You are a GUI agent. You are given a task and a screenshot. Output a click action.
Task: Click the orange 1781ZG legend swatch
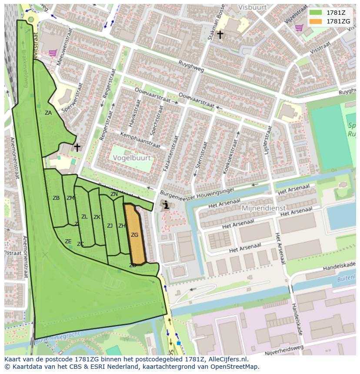[316, 21]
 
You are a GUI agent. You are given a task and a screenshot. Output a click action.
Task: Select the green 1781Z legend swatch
[316, 12]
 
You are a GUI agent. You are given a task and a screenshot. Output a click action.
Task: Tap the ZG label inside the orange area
[135, 235]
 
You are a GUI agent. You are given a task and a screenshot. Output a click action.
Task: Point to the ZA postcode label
[48, 113]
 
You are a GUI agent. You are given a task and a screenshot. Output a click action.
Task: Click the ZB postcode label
[56, 198]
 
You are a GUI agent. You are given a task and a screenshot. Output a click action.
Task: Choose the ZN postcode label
[114, 194]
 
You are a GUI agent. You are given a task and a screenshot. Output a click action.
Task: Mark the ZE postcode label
[68, 242]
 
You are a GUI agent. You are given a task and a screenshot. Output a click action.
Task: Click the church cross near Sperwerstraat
[77, 147]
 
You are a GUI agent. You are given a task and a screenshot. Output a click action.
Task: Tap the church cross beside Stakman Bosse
[220, 34]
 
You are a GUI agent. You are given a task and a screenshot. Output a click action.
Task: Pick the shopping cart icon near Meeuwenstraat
[53, 53]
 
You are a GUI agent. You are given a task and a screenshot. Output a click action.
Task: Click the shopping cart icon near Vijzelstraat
[299, 28]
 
